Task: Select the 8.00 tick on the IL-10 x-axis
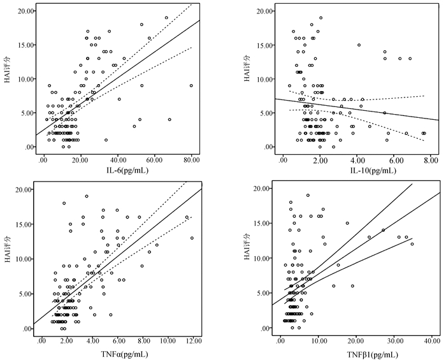[431, 159]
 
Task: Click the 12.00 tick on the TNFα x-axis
[193, 341]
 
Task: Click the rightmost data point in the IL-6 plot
[191, 85]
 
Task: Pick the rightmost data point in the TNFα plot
[192, 238]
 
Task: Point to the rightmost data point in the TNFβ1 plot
[412, 244]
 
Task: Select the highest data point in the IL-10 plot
[320, 18]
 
